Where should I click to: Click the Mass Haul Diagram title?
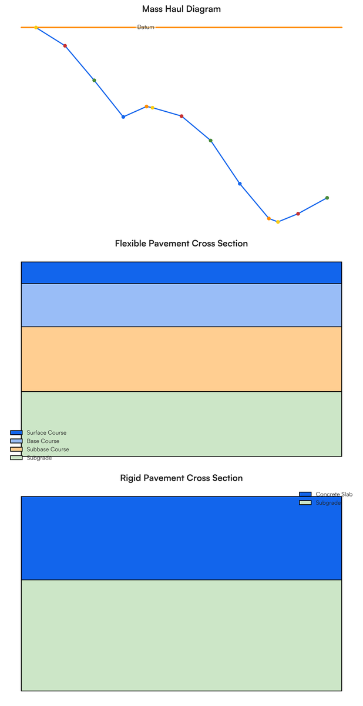tap(181, 9)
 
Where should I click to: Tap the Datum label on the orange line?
tap(146, 27)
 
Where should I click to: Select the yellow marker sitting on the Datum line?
tap(36, 28)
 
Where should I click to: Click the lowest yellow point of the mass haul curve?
tap(278, 222)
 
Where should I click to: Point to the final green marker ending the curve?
tap(327, 198)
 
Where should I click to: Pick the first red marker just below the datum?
tap(65, 46)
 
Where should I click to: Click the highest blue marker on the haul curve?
tap(123, 116)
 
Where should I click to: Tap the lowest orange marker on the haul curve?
tap(268, 218)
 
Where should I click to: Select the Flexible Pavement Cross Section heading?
tap(181, 244)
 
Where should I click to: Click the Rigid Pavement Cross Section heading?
tap(181, 478)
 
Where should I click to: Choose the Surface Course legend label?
tap(46, 432)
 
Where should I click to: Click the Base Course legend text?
tap(43, 441)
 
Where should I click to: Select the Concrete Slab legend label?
tap(334, 494)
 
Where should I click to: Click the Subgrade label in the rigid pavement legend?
tap(328, 502)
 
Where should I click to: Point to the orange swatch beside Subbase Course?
tap(16, 449)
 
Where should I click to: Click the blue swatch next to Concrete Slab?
tap(305, 494)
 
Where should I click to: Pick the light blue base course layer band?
tap(181, 305)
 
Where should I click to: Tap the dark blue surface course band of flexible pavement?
tap(181, 272)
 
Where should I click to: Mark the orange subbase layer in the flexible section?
tap(181, 359)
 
